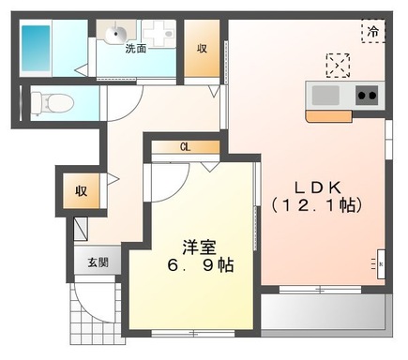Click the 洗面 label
[137, 49]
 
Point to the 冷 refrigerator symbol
[372, 30]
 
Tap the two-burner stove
[367, 95]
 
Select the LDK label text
[316, 185]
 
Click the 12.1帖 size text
[316, 204]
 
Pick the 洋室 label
[199, 247]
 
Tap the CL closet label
[186, 147]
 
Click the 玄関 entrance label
[98, 262]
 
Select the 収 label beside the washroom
[203, 49]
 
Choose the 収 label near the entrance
[81, 191]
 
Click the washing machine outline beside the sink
[161, 35]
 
